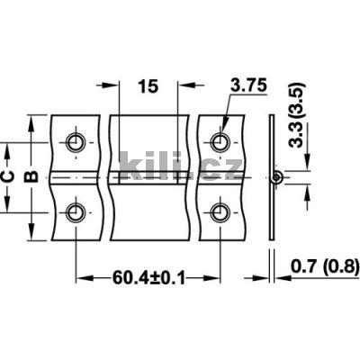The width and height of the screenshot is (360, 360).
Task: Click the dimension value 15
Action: click(x=148, y=86)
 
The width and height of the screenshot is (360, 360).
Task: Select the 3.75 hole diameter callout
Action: click(x=247, y=86)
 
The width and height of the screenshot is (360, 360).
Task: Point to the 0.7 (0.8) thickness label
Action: click(x=321, y=265)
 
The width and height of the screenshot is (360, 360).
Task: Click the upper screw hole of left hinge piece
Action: click(x=76, y=142)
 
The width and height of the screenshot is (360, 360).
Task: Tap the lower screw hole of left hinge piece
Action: click(x=76, y=212)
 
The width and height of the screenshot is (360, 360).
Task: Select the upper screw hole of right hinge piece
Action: click(x=218, y=142)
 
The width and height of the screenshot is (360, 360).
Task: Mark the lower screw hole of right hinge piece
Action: click(x=218, y=212)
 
